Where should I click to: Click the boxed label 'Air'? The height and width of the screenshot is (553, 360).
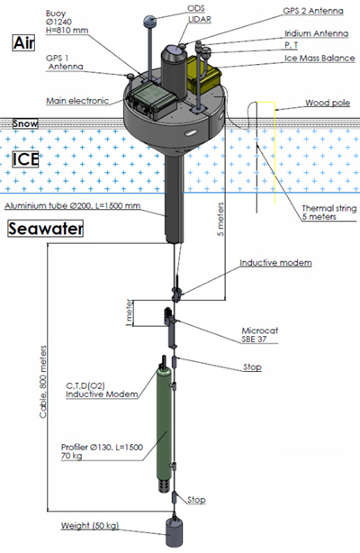pos(23,42)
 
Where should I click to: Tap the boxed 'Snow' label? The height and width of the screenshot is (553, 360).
pos(25,123)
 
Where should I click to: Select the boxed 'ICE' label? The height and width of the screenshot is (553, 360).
pos(25,159)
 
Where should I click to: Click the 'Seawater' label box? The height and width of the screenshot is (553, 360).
pos(46,228)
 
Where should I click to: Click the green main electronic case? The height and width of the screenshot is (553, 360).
pos(152,101)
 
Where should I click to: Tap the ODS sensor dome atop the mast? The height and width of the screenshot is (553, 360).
pos(149,21)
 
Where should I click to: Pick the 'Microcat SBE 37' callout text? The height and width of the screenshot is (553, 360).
pos(259,335)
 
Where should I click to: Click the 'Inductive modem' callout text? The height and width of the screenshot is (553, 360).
pos(275,263)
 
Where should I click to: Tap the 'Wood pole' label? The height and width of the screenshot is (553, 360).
pos(328,103)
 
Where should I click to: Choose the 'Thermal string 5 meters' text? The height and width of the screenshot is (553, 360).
pos(329,213)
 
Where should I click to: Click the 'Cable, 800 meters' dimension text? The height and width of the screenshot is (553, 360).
pos(43,382)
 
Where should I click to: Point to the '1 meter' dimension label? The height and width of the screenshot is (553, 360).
pos(129,313)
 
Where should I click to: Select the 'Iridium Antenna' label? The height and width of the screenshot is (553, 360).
pos(316,33)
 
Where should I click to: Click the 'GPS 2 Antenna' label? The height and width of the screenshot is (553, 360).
pos(313,11)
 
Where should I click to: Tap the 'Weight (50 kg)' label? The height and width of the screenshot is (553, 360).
pos(90,525)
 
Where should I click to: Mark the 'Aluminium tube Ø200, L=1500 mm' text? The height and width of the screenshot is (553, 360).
pos(73,205)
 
